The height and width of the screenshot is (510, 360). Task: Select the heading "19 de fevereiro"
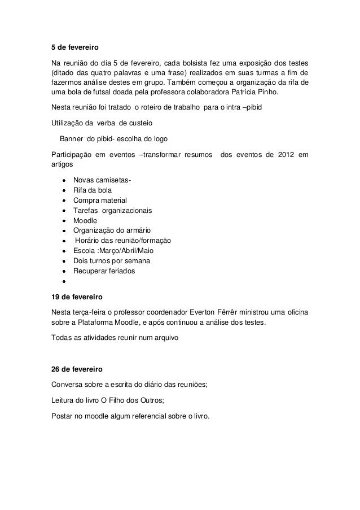pos(74,297)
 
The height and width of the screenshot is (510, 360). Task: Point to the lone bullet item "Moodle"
pos(85,220)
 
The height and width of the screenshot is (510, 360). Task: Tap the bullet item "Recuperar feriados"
pos(104,271)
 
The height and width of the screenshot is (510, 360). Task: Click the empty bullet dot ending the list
pos(65,281)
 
